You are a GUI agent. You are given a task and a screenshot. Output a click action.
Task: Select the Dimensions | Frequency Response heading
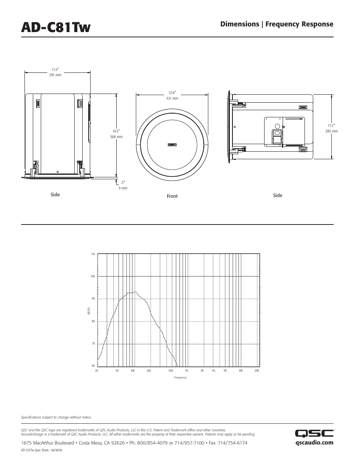click(x=277, y=24)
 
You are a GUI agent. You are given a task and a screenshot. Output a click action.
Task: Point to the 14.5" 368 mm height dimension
click(x=116, y=134)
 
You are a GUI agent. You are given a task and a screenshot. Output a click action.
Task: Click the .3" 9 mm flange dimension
click(x=123, y=185)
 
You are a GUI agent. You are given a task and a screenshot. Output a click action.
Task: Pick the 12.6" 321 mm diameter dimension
click(x=172, y=95)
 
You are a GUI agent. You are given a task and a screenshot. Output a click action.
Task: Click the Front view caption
click(x=172, y=196)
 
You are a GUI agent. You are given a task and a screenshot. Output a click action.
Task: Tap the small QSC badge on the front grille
click(x=172, y=144)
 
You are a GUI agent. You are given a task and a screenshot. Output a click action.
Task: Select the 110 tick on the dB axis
click(x=93, y=254)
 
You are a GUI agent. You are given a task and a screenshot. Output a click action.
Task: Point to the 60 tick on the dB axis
click(x=93, y=366)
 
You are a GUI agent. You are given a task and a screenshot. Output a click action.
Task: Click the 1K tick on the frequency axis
click(x=186, y=371)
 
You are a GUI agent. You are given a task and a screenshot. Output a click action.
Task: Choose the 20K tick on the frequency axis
click(x=257, y=371)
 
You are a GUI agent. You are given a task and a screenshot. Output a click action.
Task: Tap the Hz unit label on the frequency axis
click(x=214, y=371)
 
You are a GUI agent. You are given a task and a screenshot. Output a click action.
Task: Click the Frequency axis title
click(x=180, y=378)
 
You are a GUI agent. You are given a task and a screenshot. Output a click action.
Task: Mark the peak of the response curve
click(x=135, y=291)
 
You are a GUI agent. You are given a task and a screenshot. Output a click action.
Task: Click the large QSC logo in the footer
click(x=314, y=434)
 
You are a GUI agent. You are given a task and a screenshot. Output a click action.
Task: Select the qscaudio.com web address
click(x=314, y=443)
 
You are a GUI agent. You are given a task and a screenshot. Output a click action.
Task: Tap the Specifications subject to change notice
click(x=56, y=417)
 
